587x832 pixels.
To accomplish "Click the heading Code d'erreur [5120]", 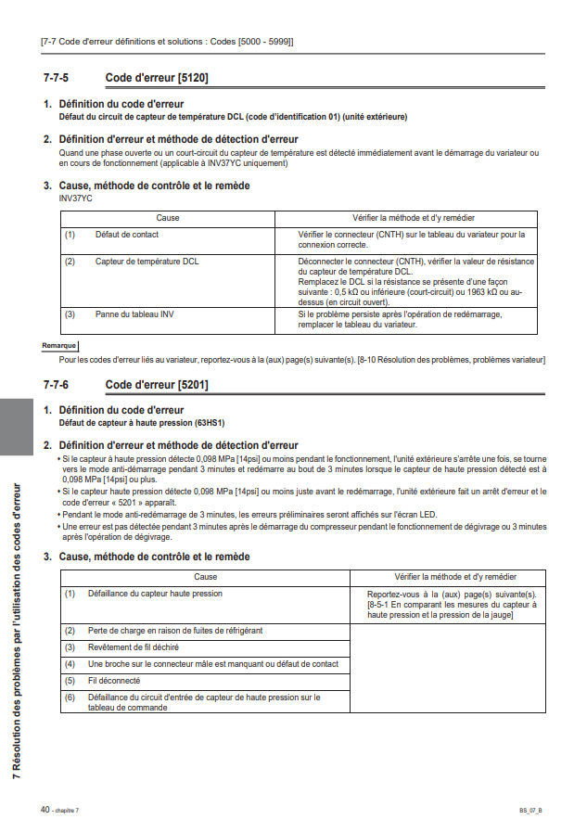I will click(157, 79).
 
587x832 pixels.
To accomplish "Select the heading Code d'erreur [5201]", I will click(157, 384).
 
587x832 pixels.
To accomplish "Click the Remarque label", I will click(58, 345).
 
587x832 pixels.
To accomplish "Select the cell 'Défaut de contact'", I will click(126, 235).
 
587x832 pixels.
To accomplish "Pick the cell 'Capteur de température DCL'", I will click(147, 262).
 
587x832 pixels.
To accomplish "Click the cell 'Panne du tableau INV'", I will click(134, 314).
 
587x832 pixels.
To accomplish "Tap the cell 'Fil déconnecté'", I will click(113, 680).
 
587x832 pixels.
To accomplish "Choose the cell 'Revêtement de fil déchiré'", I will click(134, 646).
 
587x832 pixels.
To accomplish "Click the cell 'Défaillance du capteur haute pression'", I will click(155, 594).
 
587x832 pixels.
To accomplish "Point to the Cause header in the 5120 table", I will click(168, 218).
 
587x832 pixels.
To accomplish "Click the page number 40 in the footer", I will click(45, 809).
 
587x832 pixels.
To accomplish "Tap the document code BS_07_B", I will click(530, 811).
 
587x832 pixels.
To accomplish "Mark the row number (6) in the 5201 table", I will click(70, 697).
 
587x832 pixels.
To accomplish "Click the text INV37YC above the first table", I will click(75, 198).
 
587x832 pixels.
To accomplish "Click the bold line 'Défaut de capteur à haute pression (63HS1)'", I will click(142, 423).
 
